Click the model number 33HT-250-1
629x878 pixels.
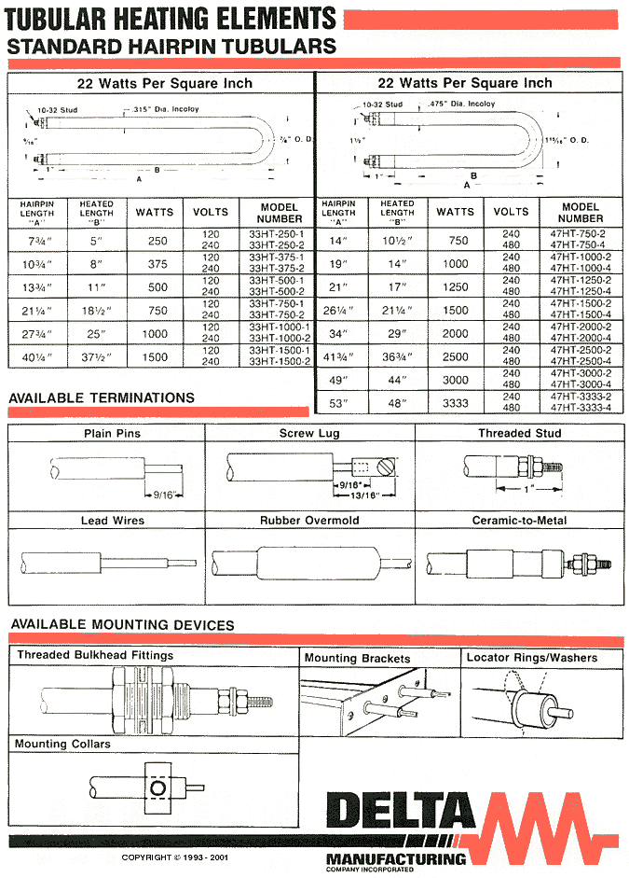click(x=278, y=233)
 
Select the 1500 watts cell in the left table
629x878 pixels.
click(x=158, y=355)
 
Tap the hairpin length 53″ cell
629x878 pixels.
click(x=337, y=403)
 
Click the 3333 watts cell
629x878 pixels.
click(x=456, y=403)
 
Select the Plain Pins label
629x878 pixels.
click(x=113, y=433)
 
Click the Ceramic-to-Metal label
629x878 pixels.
click(x=519, y=521)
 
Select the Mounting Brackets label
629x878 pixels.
click(x=357, y=658)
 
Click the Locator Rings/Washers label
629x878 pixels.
click(x=532, y=658)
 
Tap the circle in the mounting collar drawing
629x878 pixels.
click(x=159, y=789)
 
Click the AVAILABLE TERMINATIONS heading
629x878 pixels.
click(x=102, y=397)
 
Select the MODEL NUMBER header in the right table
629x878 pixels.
click(x=581, y=212)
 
